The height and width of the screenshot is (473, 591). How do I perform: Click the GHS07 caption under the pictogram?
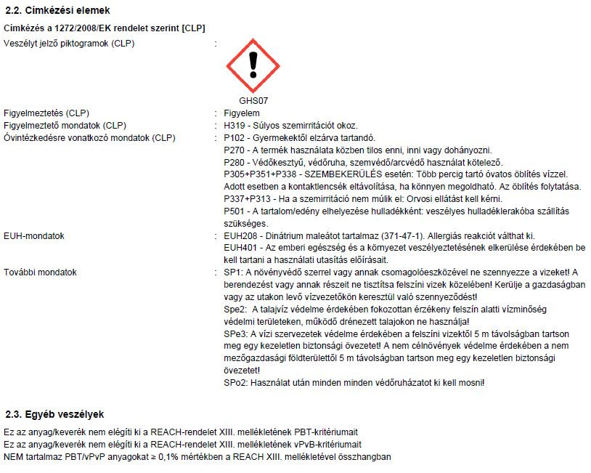(253, 101)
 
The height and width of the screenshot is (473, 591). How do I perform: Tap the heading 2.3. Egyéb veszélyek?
(54, 414)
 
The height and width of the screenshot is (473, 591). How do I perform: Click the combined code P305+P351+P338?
(260, 174)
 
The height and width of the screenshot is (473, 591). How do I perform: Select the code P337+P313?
(247, 199)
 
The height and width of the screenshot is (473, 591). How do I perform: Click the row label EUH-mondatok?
(34, 236)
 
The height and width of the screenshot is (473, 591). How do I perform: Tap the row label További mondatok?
(40, 272)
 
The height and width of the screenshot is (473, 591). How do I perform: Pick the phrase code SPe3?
(235, 333)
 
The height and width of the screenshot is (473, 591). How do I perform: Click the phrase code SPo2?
(235, 382)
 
